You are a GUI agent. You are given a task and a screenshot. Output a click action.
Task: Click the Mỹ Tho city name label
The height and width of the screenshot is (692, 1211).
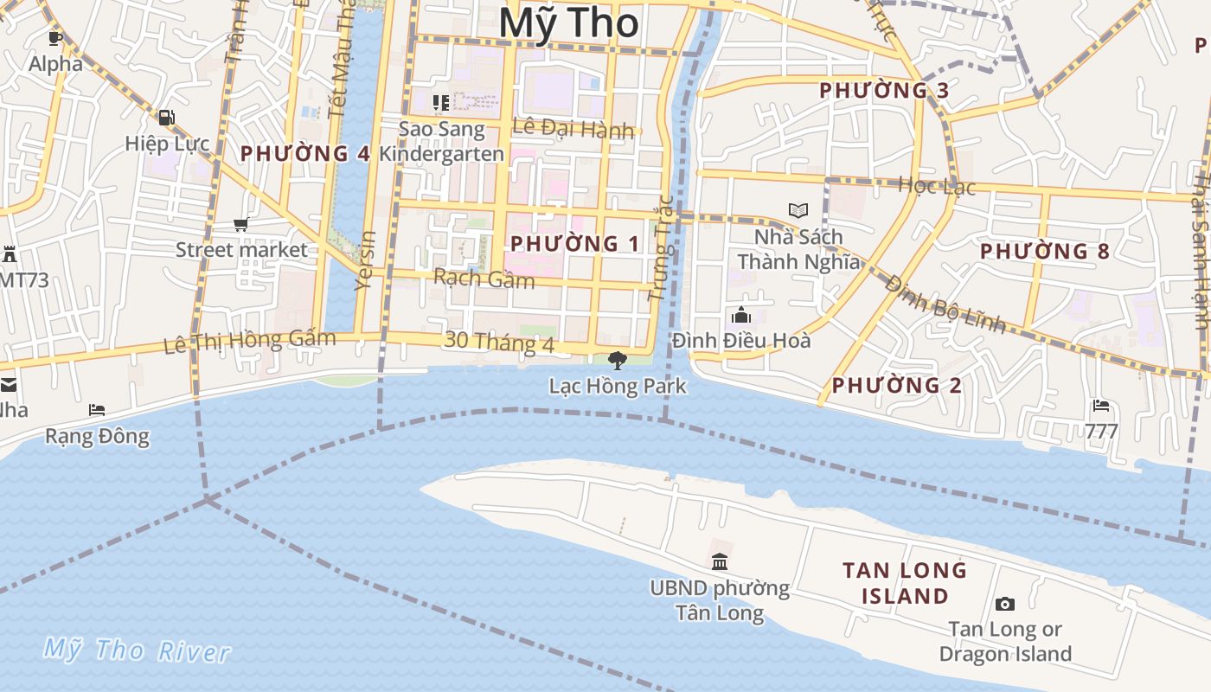click(569, 22)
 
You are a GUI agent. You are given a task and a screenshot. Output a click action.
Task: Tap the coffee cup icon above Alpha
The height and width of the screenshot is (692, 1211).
click(55, 38)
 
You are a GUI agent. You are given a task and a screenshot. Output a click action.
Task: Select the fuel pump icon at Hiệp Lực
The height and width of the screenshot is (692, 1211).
click(166, 118)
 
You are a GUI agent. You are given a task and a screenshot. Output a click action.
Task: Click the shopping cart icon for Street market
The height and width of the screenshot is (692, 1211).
click(241, 225)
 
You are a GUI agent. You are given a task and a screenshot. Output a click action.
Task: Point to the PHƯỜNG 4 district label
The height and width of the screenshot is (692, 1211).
click(305, 154)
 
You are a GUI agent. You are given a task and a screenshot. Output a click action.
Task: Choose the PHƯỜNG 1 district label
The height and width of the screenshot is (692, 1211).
click(575, 244)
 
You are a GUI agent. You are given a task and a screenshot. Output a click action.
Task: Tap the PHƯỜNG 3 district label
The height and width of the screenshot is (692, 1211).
click(884, 91)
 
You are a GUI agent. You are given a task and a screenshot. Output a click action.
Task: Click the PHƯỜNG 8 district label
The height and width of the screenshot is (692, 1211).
click(1045, 252)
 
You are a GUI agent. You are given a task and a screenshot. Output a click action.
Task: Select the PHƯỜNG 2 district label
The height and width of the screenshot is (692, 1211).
click(896, 386)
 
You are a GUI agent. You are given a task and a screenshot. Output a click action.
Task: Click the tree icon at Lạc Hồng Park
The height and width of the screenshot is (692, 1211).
click(618, 360)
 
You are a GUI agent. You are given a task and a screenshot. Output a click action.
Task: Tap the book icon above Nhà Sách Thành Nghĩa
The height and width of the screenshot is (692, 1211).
click(798, 210)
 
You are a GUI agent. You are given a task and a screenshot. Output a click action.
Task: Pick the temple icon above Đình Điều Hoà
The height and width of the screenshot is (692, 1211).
click(741, 315)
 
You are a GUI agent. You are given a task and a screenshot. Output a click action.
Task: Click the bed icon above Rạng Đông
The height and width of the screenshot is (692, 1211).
click(97, 410)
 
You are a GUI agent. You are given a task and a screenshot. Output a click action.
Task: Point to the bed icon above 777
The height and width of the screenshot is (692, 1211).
click(1101, 405)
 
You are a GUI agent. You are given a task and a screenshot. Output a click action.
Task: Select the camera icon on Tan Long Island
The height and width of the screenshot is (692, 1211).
click(1004, 604)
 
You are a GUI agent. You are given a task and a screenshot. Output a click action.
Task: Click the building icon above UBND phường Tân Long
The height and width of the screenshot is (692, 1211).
click(720, 562)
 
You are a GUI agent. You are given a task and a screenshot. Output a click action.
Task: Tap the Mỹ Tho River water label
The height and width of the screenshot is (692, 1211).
click(137, 650)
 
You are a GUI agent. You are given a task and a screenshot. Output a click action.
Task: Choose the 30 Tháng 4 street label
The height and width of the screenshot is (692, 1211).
click(499, 342)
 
